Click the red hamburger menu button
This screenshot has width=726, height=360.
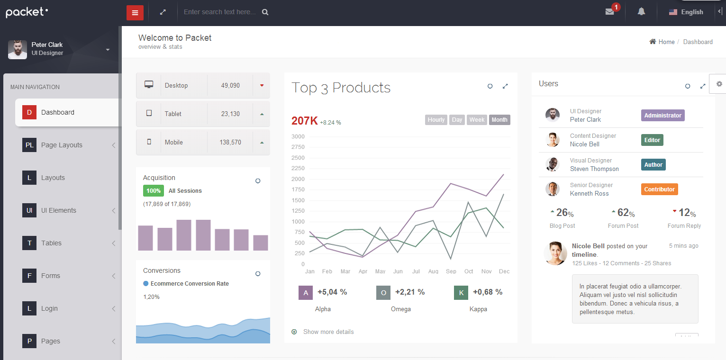click(135, 13)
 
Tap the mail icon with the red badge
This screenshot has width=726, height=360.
click(610, 12)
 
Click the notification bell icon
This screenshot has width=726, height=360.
click(641, 12)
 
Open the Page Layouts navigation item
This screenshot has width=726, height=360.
click(62, 145)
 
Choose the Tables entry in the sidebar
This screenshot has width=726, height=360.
click(51, 243)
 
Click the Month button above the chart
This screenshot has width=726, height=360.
click(499, 120)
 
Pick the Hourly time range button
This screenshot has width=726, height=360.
click(436, 120)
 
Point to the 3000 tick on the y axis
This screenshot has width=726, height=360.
click(298, 136)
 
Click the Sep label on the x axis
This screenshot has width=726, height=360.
click(451, 271)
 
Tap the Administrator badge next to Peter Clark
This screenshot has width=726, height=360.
click(662, 116)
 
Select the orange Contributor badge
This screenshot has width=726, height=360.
click(659, 189)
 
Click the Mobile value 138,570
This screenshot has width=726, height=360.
click(230, 142)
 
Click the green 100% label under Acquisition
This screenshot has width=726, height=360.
click(154, 191)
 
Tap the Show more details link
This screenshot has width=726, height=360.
click(328, 332)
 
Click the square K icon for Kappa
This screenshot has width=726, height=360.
click(461, 293)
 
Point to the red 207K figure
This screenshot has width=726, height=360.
click(304, 121)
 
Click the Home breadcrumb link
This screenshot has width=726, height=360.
click(666, 42)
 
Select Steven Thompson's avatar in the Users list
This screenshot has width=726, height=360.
click(552, 164)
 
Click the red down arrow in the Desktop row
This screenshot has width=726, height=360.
click(262, 86)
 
